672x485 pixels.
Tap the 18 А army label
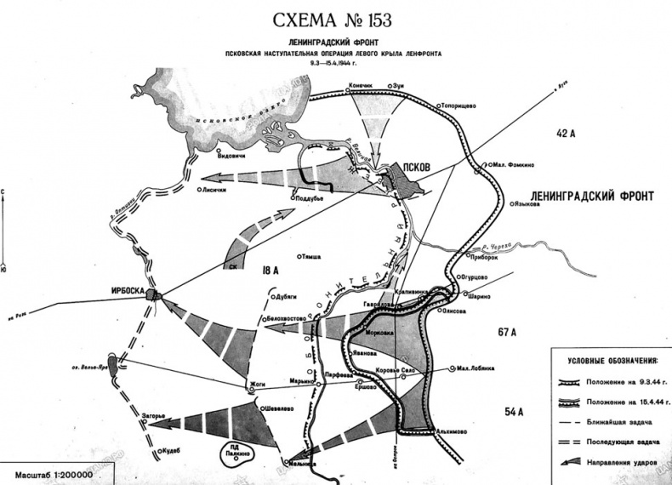271,271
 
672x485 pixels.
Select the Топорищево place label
462,106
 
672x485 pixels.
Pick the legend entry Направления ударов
624,460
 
